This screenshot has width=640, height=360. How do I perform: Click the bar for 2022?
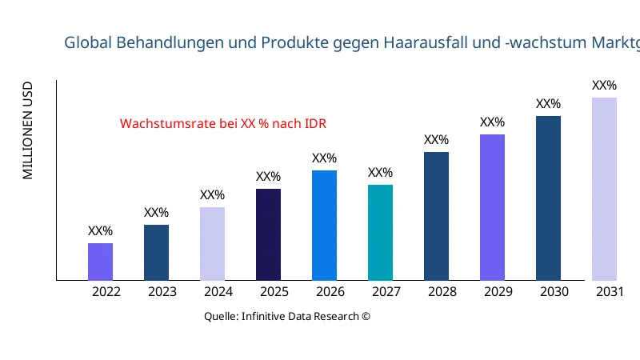[100, 262]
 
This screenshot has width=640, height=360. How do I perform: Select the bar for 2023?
[156, 252]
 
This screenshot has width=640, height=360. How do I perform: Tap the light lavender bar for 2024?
[212, 243]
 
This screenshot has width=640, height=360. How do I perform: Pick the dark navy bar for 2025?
[268, 234]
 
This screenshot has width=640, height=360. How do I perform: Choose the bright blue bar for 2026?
[324, 225]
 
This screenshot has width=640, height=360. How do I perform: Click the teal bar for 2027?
[380, 232]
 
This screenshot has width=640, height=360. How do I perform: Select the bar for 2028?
[436, 216]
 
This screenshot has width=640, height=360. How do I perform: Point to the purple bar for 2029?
[492, 207]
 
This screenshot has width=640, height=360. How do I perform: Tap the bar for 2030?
[548, 198]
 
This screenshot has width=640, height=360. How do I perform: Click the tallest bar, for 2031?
[604, 189]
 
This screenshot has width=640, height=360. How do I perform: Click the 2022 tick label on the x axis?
[106, 292]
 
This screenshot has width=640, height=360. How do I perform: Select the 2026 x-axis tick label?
[330, 292]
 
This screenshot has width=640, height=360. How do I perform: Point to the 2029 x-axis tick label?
[498, 292]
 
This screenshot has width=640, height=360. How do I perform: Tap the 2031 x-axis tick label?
[610, 292]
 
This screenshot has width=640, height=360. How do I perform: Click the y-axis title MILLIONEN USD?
[28, 130]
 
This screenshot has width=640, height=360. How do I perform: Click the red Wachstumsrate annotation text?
[223, 124]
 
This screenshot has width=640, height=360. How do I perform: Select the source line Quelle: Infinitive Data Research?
[287, 316]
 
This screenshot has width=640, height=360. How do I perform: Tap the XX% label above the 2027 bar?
[380, 173]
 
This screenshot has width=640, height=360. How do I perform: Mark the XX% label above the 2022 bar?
[100, 231]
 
